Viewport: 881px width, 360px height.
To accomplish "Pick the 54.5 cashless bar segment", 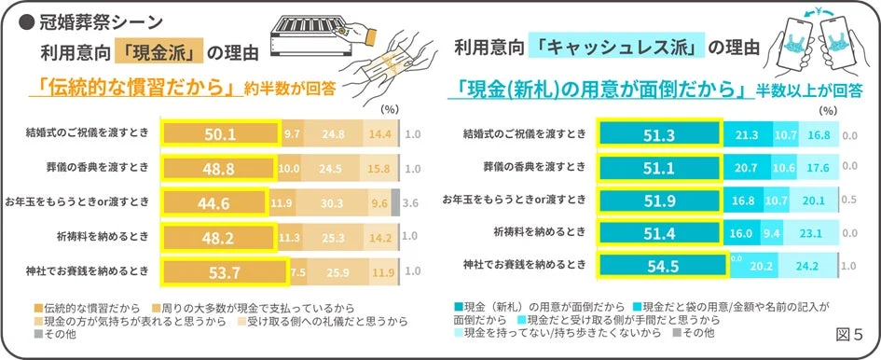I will pos(660,265).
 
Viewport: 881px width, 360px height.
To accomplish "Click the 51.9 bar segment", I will pos(658,201).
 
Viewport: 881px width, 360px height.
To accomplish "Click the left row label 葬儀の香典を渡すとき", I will pos(91,168).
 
